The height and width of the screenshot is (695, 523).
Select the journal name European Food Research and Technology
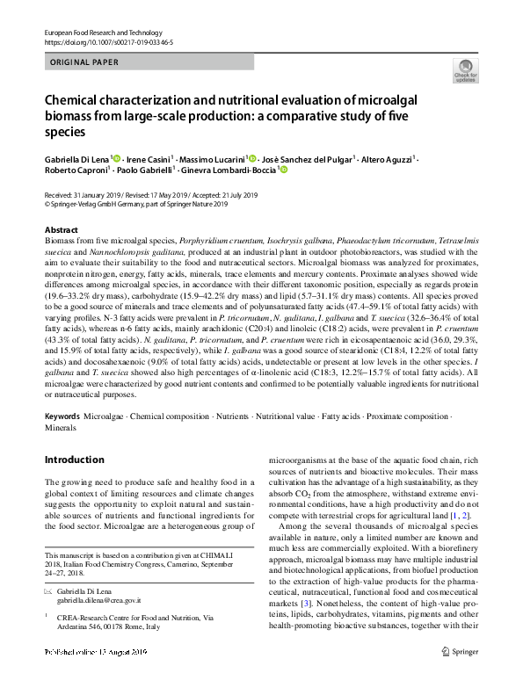[x=96, y=32]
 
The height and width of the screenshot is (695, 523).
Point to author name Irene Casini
[x=149, y=158]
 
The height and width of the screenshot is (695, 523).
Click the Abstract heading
[x=62, y=228]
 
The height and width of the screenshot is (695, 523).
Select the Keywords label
[x=62, y=416]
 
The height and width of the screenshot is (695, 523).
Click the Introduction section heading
[x=74, y=460]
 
